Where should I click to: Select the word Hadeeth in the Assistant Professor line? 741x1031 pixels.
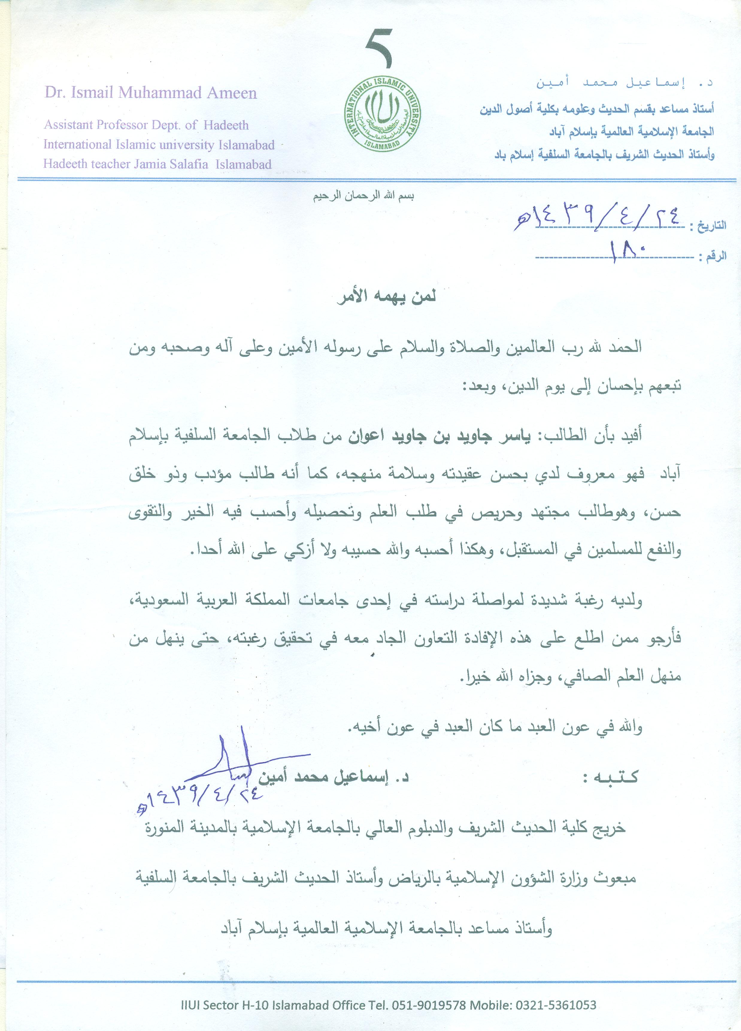[x=226, y=125]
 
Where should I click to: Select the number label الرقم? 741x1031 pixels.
[x=716, y=256]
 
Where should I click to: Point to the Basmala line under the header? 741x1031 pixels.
[x=363, y=197]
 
